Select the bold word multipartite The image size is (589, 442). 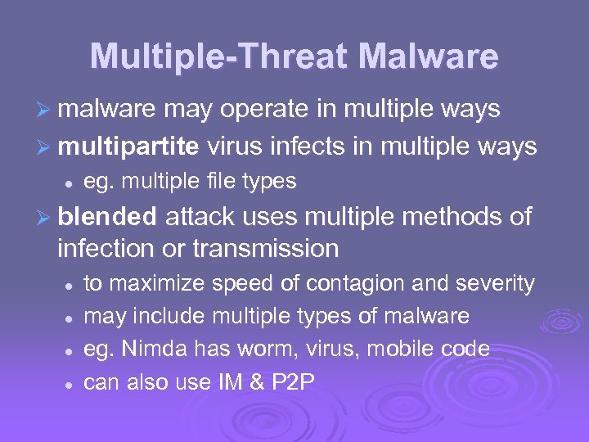128,147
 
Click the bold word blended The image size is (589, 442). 107,217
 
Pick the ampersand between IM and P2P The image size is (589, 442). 256,382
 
